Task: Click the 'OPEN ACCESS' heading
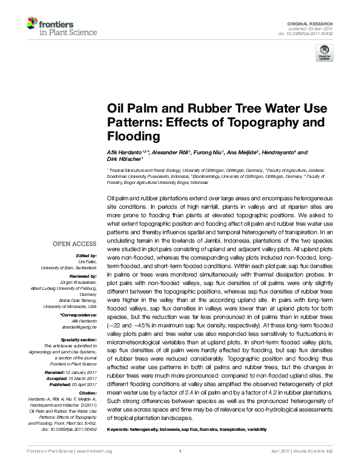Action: click(x=74, y=244)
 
